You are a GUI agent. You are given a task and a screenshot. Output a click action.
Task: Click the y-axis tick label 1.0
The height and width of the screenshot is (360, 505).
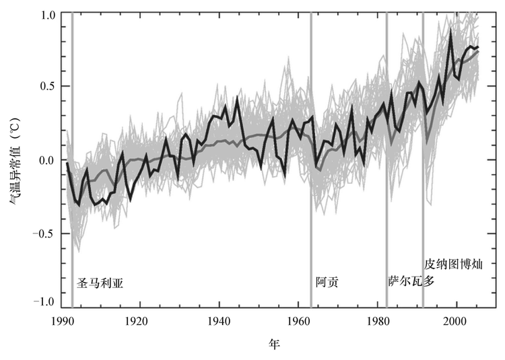click(45, 14)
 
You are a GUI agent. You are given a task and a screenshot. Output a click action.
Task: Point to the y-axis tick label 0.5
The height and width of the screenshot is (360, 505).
click(45, 87)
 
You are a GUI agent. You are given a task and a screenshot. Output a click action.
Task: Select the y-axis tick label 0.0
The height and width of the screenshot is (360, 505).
click(45, 160)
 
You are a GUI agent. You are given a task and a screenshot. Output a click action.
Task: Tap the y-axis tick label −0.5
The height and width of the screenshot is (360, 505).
click(42, 232)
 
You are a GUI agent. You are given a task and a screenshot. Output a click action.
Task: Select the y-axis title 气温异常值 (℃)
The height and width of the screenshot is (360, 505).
click(15, 159)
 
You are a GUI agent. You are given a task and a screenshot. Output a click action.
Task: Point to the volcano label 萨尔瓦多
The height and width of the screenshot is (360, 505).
click(411, 281)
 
